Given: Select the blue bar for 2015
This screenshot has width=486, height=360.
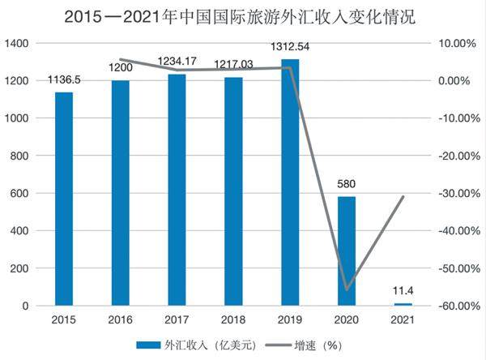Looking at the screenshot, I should coord(64,199).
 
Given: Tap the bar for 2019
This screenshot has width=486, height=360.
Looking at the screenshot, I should coord(290,182).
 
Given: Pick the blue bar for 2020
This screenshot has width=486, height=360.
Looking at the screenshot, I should coord(347,251).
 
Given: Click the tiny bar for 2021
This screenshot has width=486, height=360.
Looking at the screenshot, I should coord(403,304).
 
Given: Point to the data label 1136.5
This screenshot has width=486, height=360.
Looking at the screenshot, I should coord(64,81).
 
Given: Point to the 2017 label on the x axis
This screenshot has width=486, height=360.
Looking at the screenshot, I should coord(177,319).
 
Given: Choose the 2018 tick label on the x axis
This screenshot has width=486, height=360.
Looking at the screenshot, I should coord(233,319).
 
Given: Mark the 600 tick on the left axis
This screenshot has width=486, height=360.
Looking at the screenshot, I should coord(21,193).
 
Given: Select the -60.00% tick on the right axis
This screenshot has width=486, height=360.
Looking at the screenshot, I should coord(455,306).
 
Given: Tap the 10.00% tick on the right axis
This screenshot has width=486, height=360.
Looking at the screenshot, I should coord(455,43).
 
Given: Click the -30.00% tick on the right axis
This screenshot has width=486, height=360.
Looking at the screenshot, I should coord(455,193).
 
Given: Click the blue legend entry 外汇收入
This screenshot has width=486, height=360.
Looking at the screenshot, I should coord(194,345).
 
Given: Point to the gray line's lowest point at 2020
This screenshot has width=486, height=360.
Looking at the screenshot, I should coord(347,289).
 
